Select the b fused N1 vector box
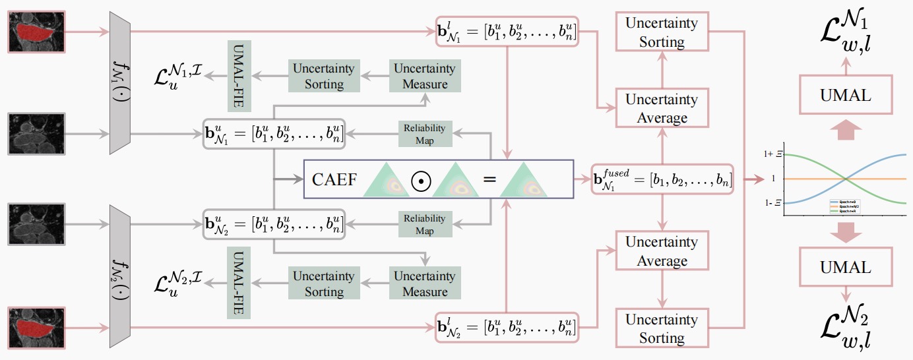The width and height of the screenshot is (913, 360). click(x=662, y=179)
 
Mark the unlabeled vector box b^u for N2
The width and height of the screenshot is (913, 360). click(x=274, y=224)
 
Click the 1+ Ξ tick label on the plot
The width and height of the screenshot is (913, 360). click(x=771, y=154)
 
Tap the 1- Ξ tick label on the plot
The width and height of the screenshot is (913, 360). click(x=772, y=203)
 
